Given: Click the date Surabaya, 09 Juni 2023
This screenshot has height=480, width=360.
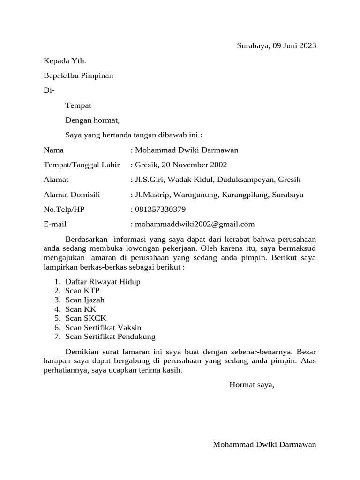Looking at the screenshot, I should tap(276, 45).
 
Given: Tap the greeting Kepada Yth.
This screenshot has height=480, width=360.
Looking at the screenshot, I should tap(65, 60).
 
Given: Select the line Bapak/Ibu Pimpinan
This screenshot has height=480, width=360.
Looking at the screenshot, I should tap(78, 75).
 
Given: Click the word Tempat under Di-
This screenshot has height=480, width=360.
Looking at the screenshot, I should tap(78, 105).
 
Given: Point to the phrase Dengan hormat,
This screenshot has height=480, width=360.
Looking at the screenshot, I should tap(93, 120).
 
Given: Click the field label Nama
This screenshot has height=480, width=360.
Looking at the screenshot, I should tap(53, 150).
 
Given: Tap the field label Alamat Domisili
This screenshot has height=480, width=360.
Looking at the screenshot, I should tap(72, 195).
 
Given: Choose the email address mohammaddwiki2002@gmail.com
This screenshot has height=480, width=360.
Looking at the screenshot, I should tap(195, 225).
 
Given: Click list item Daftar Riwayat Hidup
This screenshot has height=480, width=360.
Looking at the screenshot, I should tap(103, 282).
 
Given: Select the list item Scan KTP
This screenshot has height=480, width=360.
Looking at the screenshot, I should tap(82, 291).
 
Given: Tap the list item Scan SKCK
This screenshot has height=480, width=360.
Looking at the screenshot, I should tap(86, 318).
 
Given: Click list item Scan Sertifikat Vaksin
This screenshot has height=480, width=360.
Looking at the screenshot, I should tap(103, 327).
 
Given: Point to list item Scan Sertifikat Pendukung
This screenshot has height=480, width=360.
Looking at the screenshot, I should tap(110, 337).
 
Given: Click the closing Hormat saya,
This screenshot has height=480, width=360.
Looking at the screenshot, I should tap(252, 385).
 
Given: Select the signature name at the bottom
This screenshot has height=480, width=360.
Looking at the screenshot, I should tap(264, 444).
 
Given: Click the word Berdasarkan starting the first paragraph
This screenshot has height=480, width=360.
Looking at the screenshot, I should tap(86, 240).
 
